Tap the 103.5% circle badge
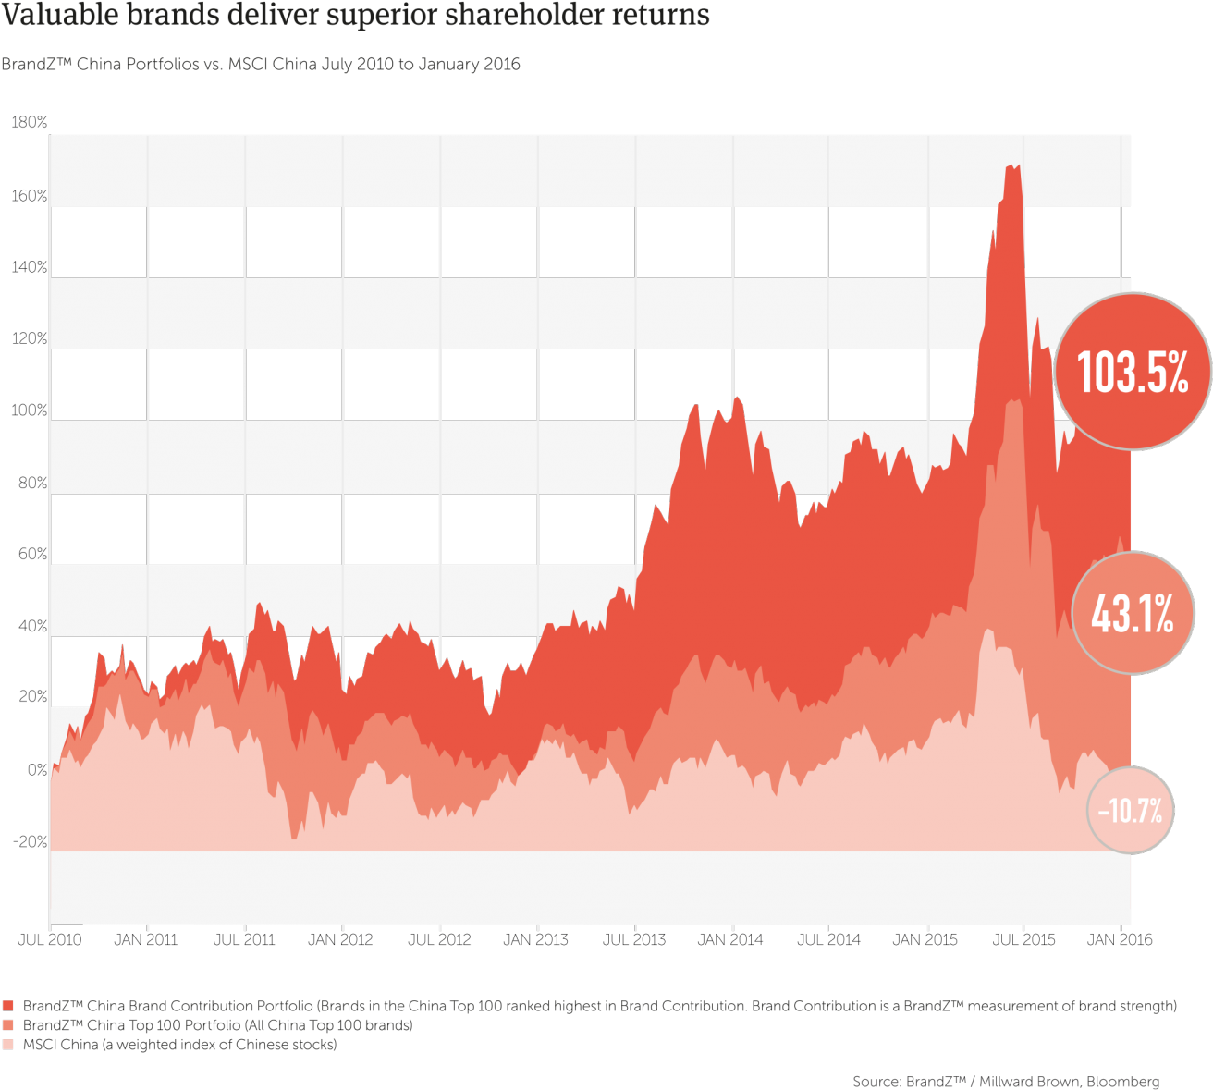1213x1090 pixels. click(x=1133, y=372)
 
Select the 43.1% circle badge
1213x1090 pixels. click(x=1133, y=613)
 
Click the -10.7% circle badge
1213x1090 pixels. click(x=1130, y=811)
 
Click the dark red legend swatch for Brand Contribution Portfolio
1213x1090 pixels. click(x=9, y=1006)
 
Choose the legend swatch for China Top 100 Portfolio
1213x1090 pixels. click(x=9, y=1025)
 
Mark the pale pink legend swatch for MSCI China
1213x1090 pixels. click(x=9, y=1045)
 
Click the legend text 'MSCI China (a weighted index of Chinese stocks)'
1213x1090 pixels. click(x=179, y=1045)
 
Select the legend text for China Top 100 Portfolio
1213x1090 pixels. click(x=217, y=1025)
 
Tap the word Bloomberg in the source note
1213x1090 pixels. click(x=1122, y=1082)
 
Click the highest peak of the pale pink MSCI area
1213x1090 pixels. click(x=988, y=630)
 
